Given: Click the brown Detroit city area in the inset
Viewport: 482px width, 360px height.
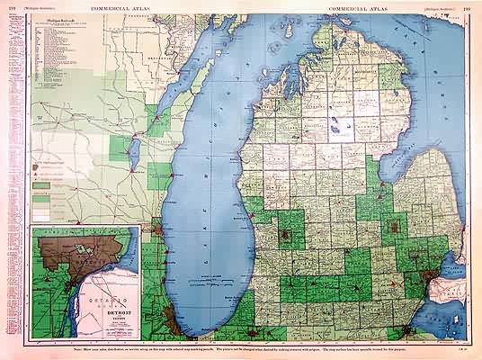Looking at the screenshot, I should point(67,247).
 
